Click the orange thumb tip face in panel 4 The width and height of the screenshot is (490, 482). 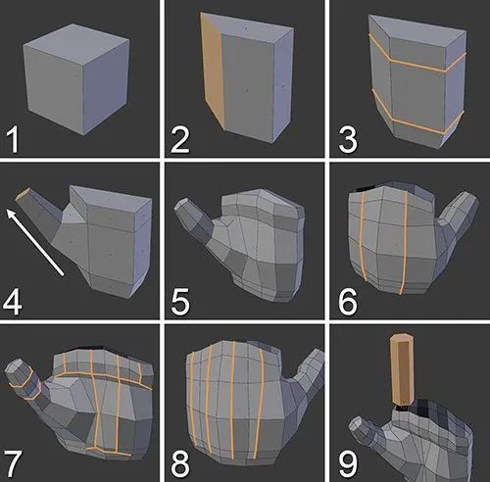pyautogui.click(x=24, y=198)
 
